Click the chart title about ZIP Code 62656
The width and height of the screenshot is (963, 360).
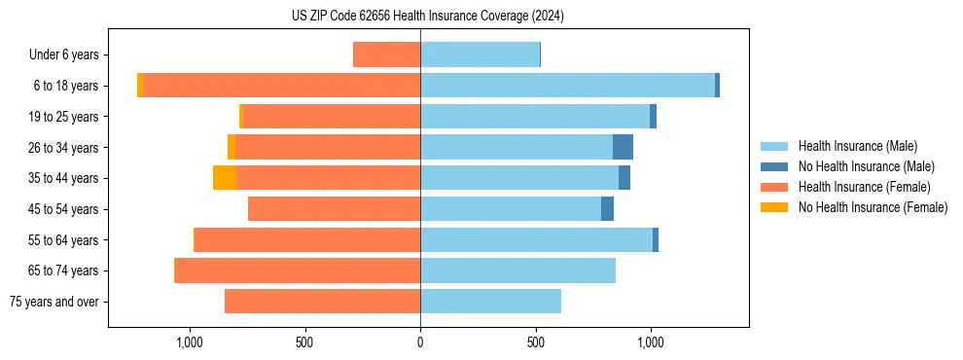(x=427, y=16)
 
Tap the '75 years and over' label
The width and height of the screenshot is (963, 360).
(x=54, y=302)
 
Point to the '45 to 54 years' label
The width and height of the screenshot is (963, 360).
(x=62, y=209)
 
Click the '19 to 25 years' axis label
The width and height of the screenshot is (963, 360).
(x=62, y=117)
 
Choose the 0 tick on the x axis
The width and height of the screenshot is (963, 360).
(x=420, y=342)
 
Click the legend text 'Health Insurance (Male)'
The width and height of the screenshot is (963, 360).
(x=857, y=146)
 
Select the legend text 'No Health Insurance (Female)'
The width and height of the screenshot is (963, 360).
(x=873, y=207)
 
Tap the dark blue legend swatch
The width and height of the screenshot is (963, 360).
(x=775, y=166)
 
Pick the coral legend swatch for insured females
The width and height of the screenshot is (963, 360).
(x=775, y=187)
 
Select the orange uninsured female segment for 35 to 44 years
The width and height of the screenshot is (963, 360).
(x=225, y=178)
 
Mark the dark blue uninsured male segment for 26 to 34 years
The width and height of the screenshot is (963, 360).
(x=623, y=147)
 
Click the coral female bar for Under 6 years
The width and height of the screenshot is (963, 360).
(x=386, y=54)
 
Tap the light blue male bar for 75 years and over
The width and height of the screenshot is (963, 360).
(x=490, y=302)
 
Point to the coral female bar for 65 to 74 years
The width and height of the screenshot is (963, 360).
(x=298, y=270)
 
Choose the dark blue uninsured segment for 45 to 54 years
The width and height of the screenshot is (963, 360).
(x=607, y=209)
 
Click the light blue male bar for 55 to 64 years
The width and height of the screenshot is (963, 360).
(x=536, y=239)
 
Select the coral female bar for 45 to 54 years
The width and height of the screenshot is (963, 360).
(x=334, y=209)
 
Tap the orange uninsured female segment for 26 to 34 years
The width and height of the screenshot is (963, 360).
(x=232, y=147)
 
